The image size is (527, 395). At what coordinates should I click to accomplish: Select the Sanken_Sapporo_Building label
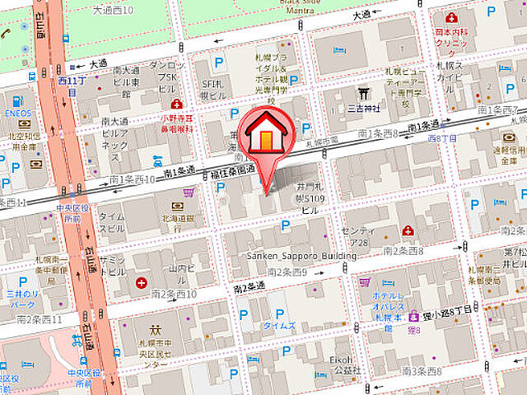click(302, 256)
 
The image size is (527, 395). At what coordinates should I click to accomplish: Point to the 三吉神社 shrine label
click(366, 107)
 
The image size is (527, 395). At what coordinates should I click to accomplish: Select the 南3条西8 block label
click(424, 370)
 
